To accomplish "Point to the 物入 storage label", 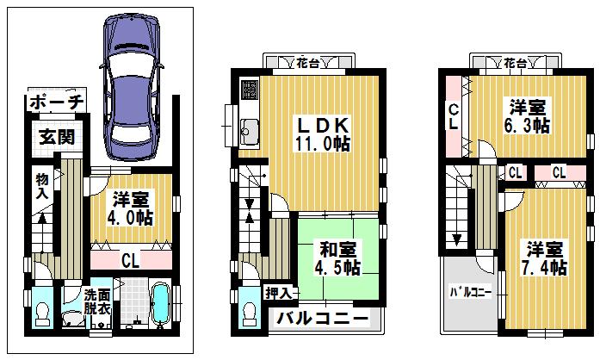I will point(40,186).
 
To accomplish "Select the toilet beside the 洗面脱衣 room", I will point(41,312).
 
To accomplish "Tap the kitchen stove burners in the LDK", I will point(249,90).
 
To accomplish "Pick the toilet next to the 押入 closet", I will point(249,312).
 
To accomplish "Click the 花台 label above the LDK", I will point(307,63).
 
